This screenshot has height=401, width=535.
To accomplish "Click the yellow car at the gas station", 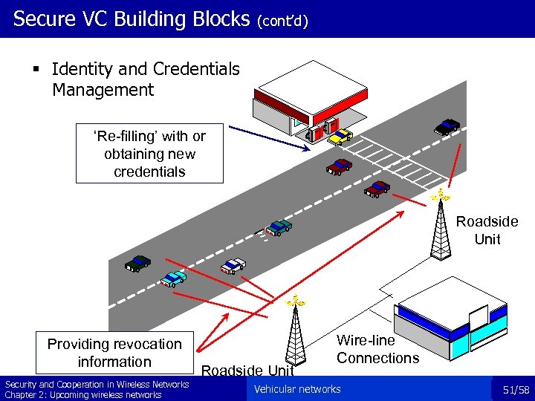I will pos(340,136).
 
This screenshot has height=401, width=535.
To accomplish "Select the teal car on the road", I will pos(279,226).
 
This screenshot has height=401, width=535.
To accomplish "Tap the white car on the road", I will pos(233,265).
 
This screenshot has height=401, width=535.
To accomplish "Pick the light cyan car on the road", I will pos(174,278).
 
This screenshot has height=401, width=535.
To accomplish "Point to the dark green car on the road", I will pos(138,262).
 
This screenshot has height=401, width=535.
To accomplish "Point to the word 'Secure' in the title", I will pos(45,19).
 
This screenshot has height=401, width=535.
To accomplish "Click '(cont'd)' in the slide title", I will pos(283,21).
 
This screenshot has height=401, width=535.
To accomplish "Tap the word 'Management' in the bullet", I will pos(103,91).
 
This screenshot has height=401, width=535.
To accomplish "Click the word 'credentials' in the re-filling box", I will pos(149,172).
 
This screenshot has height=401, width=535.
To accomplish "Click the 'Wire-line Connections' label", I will pos(377,349).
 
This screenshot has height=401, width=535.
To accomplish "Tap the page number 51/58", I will pos(515,389).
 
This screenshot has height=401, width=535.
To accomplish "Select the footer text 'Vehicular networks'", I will pos(297,389).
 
